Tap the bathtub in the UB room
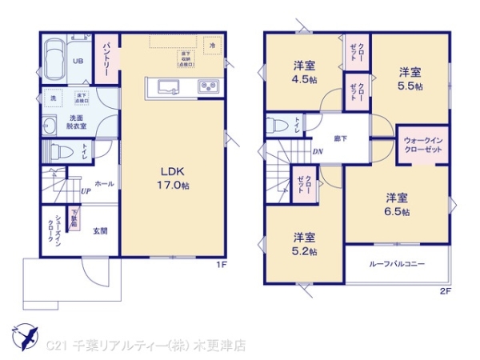tap(57, 59)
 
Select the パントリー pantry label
tap(106, 58)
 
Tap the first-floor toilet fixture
tap(59, 150)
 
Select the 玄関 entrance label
tap(99, 231)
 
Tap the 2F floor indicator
tap(444, 290)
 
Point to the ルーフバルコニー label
tap(397, 263)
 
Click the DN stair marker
tap(318, 153)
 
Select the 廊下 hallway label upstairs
tap(341, 138)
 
